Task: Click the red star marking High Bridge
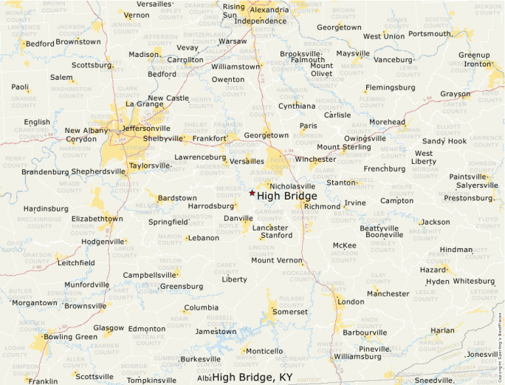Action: coord(252,193)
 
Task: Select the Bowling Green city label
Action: coord(70,337)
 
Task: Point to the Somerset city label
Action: coord(289,312)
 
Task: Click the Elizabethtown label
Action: coord(97,219)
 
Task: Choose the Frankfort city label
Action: coord(210,137)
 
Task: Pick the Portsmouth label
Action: coord(429,33)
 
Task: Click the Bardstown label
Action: coord(177,198)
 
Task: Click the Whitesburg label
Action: coord(473,281)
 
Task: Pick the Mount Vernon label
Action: coord(277,260)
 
